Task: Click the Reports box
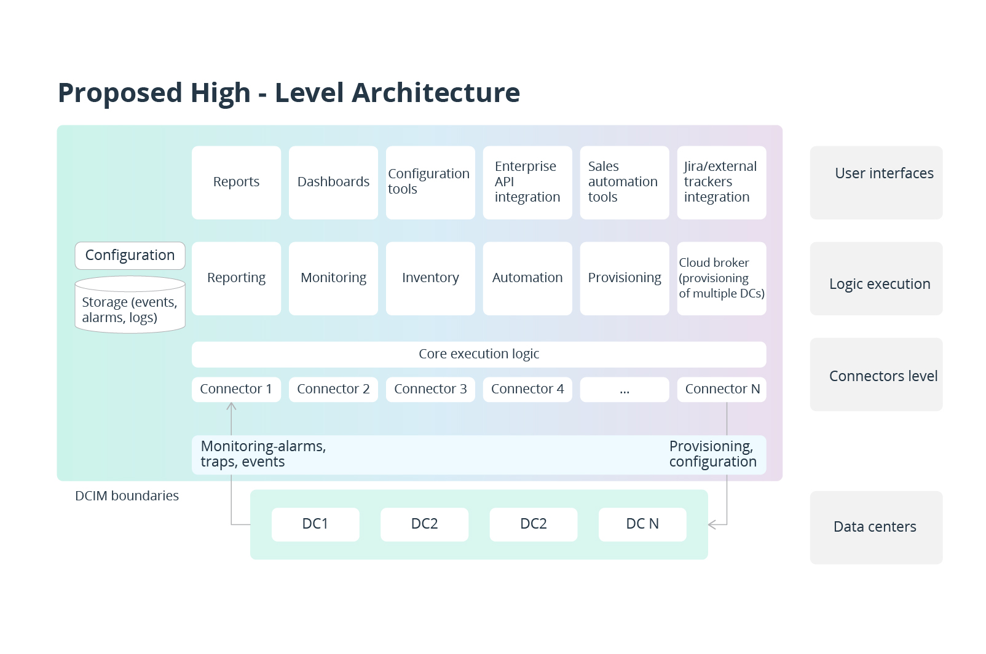pyautogui.click(x=236, y=182)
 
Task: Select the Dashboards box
pyautogui.click(x=333, y=182)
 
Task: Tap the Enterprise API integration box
pyautogui.click(x=527, y=182)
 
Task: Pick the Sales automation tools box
pyautogui.click(x=624, y=182)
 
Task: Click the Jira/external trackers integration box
pyautogui.click(x=721, y=182)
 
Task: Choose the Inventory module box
pyautogui.click(x=430, y=278)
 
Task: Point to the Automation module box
pyautogui.click(x=527, y=278)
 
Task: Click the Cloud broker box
pyautogui.click(x=721, y=278)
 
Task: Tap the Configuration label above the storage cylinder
pyautogui.click(x=130, y=255)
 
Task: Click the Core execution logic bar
pyautogui.click(x=478, y=354)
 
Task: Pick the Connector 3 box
pyautogui.click(x=430, y=389)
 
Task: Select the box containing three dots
pyautogui.click(x=624, y=390)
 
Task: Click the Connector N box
pyautogui.click(x=721, y=389)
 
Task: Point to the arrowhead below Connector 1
pyautogui.click(x=231, y=406)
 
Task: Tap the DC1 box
pyautogui.click(x=315, y=524)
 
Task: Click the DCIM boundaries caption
pyautogui.click(x=127, y=496)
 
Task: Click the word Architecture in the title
pyautogui.click(x=435, y=93)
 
